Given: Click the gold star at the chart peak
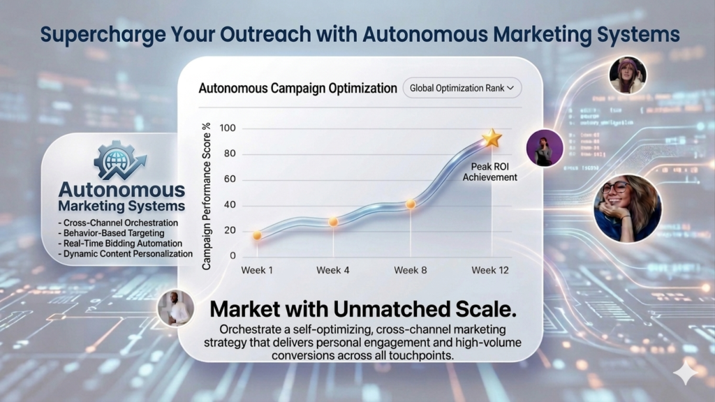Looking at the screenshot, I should [x=492, y=138].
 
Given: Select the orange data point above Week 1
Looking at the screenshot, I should [x=258, y=235].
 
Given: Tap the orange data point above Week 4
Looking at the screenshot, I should [x=334, y=221].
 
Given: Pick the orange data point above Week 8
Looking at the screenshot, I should [x=411, y=204].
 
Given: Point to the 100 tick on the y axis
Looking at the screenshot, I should [x=228, y=128].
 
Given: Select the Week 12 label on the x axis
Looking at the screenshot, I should [x=489, y=270].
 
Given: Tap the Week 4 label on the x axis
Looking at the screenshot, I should [x=333, y=270].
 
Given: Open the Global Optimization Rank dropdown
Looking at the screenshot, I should [x=462, y=88].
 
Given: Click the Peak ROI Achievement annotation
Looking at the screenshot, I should [x=489, y=172].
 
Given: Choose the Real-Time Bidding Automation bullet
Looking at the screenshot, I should [x=121, y=244].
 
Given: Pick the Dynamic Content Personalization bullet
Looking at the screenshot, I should [x=126, y=254].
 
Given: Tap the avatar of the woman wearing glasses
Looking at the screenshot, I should [x=627, y=207].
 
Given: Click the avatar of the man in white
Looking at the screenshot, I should [x=175, y=308].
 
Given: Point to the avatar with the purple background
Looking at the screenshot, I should [x=545, y=148].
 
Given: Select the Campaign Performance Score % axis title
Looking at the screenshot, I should [x=207, y=195].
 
